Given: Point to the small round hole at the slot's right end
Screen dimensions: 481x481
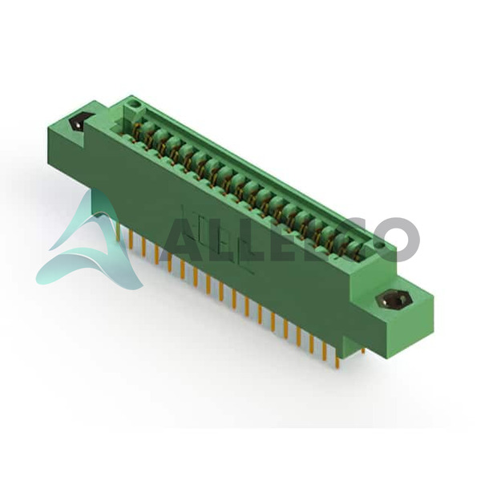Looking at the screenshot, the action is pos(380,245).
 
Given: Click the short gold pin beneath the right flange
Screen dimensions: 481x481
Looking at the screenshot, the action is pos(363,350).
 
